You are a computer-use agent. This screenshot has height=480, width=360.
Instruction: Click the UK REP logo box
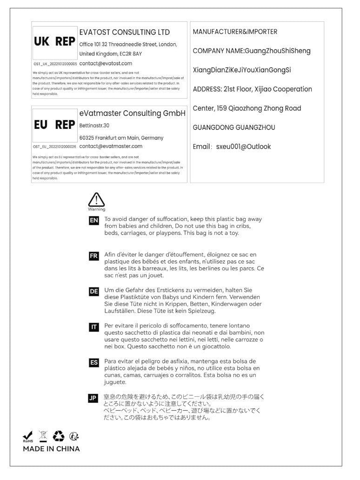click(x=54, y=41)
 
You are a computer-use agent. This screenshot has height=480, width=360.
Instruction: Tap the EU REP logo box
click(x=54, y=125)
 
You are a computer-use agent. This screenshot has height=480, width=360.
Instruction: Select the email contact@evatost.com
click(x=106, y=63)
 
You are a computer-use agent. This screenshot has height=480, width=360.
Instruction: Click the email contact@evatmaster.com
click(x=111, y=146)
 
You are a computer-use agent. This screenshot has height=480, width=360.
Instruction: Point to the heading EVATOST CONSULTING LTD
click(x=125, y=33)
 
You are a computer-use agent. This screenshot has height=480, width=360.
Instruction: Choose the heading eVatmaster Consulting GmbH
click(x=133, y=113)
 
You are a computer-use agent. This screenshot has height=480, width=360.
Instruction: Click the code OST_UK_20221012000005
click(x=55, y=64)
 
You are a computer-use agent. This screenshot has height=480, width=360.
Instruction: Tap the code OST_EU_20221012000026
click(x=55, y=147)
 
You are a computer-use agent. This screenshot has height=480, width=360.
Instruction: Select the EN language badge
click(x=94, y=220)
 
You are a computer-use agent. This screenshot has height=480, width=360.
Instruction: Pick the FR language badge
click(x=94, y=256)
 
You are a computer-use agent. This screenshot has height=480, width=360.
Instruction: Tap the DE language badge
click(x=94, y=292)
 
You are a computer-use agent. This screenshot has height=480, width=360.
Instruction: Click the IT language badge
click(x=94, y=327)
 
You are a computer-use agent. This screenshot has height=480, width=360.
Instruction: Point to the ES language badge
click(x=94, y=362)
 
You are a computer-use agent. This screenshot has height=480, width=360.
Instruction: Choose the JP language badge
click(x=94, y=398)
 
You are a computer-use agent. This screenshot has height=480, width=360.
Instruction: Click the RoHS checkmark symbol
click(x=28, y=436)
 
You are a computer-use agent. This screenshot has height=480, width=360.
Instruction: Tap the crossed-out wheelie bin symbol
click(x=43, y=436)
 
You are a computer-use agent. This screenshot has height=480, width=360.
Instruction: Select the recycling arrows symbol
click(x=59, y=436)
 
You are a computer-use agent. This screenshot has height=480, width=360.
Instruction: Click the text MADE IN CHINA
click(x=52, y=449)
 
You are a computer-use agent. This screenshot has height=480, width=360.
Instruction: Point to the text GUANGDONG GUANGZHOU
click(x=234, y=127)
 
